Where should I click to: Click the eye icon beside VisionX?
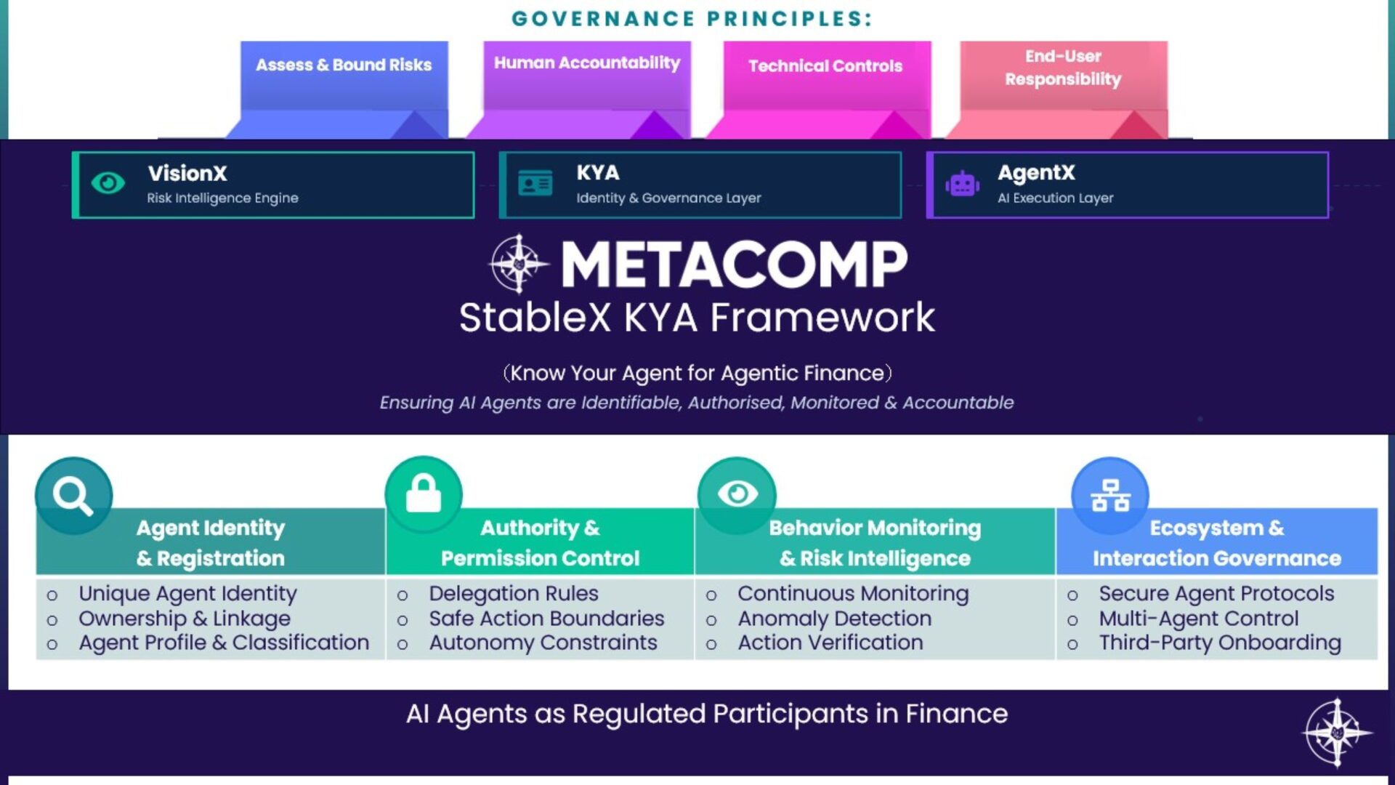click(108, 183)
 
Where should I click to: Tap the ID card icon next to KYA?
click(535, 183)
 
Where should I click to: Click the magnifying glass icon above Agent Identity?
click(73, 496)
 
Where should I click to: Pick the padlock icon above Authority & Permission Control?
click(424, 494)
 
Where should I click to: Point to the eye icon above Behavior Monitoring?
click(737, 494)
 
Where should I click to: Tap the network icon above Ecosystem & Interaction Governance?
click(1110, 495)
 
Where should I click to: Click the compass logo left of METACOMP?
click(519, 264)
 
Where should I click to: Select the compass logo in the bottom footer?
click(1338, 733)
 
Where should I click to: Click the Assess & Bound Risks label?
click(344, 65)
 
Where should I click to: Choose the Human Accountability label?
click(587, 63)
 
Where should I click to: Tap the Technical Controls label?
click(825, 66)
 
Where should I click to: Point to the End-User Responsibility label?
click(1063, 68)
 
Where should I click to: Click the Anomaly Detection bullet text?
click(835, 619)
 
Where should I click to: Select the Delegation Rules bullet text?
click(514, 594)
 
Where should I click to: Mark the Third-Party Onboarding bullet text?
click(1220, 643)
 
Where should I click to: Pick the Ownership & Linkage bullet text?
click(185, 619)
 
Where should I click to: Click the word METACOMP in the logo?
click(735, 265)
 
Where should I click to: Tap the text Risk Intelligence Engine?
click(222, 198)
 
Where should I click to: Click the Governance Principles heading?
click(692, 18)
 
